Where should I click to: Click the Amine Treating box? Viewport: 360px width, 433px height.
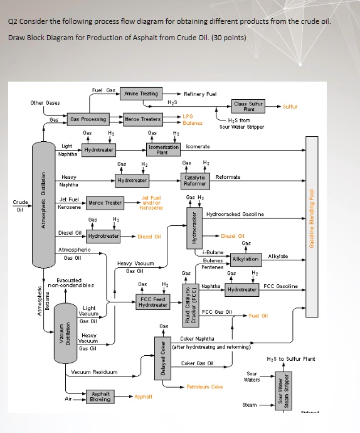pos(140,94)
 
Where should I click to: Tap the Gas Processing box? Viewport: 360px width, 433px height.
pos(88,119)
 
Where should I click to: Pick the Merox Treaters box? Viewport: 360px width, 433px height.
pos(143,119)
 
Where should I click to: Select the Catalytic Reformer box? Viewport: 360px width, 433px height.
pos(195,180)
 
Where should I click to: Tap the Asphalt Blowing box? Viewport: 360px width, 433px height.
pos(100,396)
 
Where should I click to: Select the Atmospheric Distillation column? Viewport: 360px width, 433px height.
pos(43,206)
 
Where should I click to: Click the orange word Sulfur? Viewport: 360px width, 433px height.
pos(291,107)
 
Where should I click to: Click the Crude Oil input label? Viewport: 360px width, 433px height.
pos(20,206)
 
